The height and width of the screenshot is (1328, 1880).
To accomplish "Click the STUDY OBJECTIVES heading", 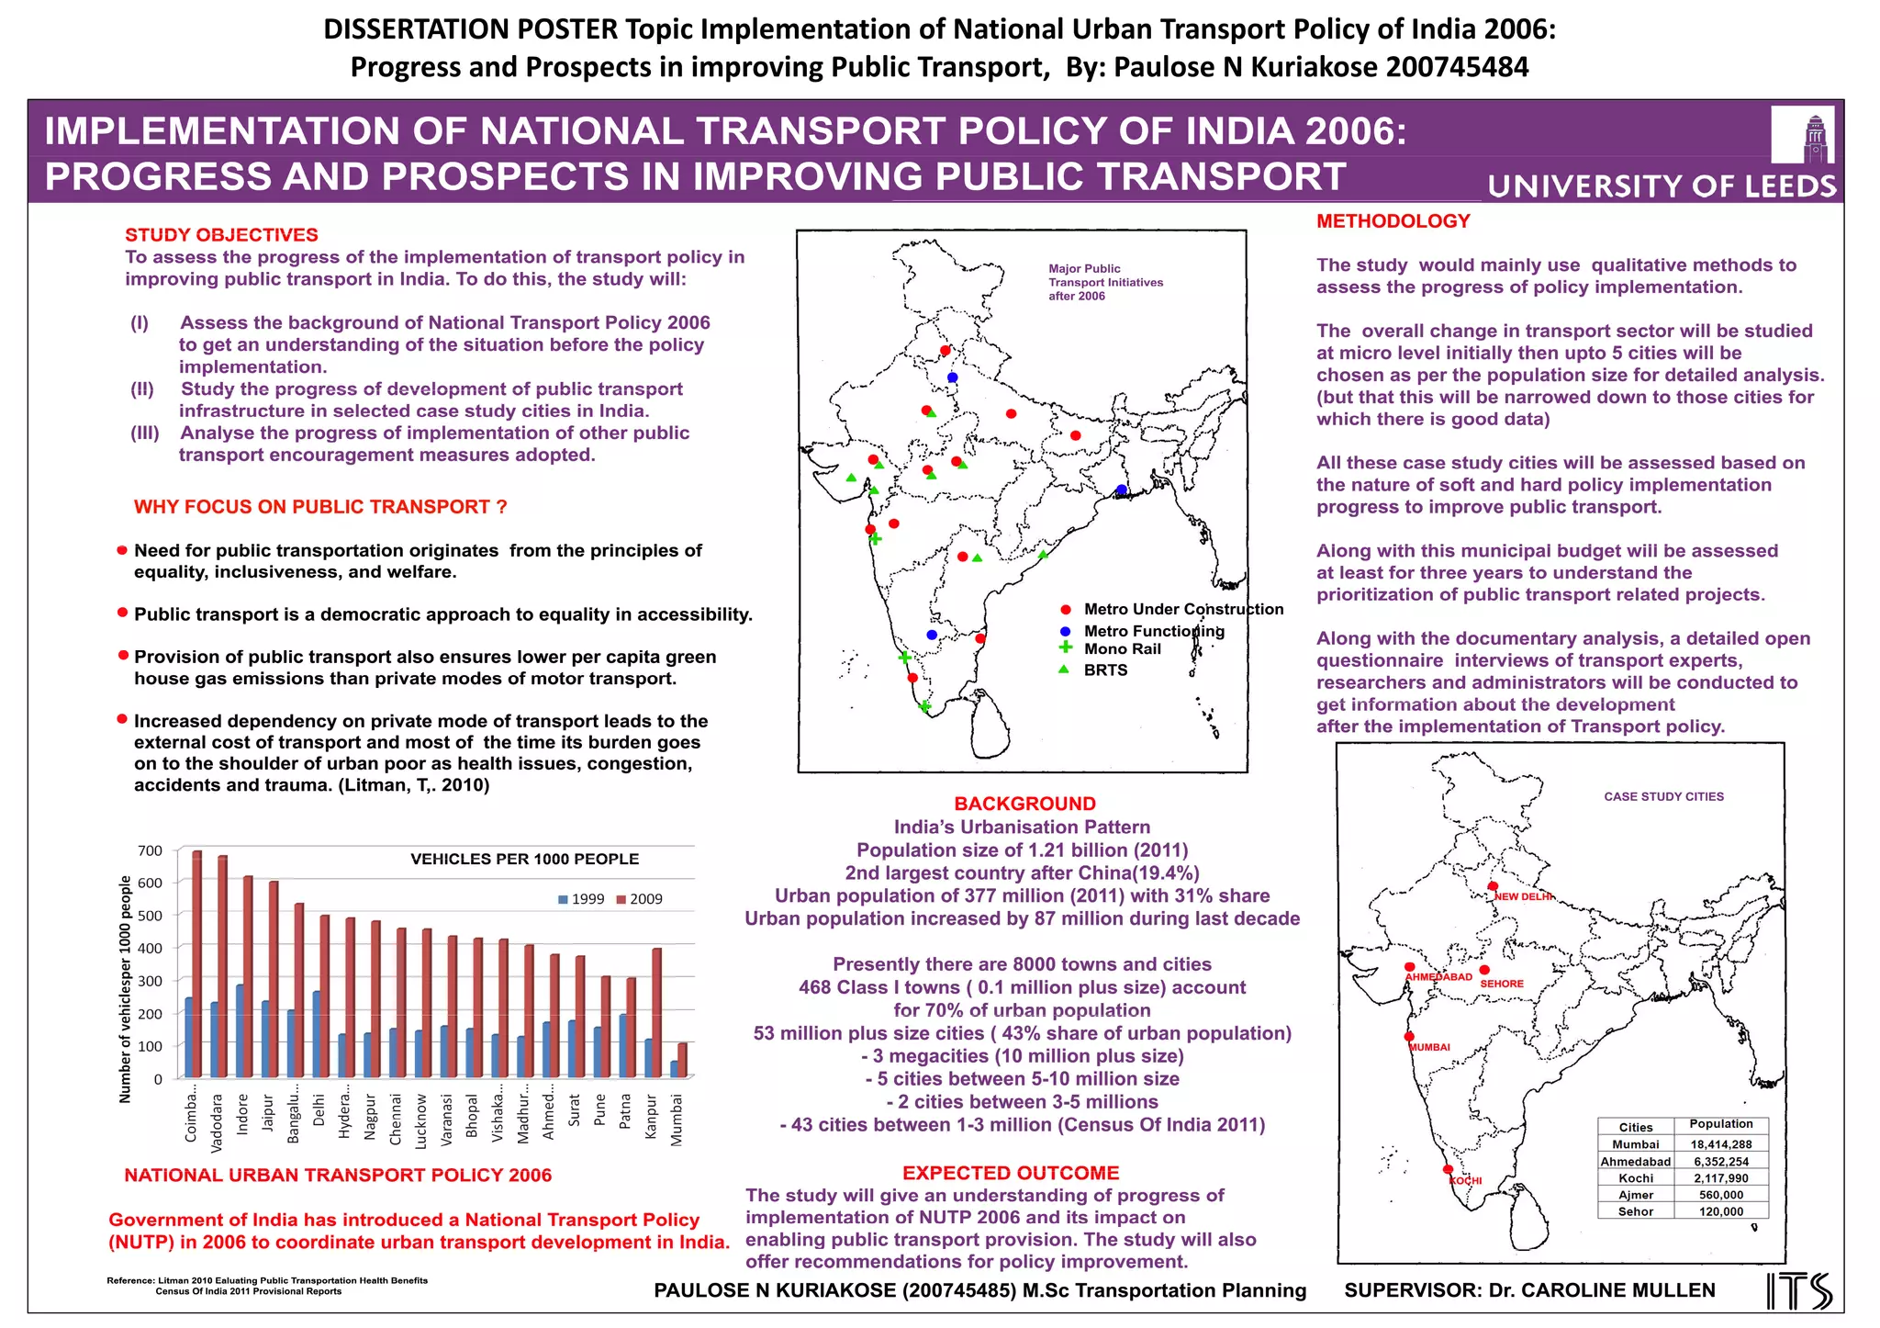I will coord(221,235).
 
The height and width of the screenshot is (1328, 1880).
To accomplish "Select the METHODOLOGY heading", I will coord(1393,221).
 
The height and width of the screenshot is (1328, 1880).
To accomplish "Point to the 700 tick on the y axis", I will coord(150,851).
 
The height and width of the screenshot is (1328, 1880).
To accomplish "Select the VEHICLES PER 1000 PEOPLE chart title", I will coord(524,860).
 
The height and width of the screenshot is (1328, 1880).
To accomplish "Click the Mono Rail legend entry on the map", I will coord(1122,649).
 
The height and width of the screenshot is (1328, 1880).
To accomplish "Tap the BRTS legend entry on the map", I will coord(1105,670).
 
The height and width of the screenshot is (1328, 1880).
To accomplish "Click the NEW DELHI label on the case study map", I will coord(1524,896).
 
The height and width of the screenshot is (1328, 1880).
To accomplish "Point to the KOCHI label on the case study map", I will coord(1465,1181).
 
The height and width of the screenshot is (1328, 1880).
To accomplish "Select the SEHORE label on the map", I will coord(1502,984).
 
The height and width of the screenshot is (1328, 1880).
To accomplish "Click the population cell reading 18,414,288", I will coord(1721,1144).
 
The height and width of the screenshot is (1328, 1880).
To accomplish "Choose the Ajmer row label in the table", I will coord(1636,1195).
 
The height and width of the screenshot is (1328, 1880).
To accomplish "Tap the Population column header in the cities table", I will coord(1721,1124).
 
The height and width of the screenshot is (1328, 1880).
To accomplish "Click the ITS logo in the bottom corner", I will coord(1799,1290).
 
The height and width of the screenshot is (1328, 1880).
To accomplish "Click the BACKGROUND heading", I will coord(1024,804).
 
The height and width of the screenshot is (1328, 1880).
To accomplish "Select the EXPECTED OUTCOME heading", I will coord(1011,1173).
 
